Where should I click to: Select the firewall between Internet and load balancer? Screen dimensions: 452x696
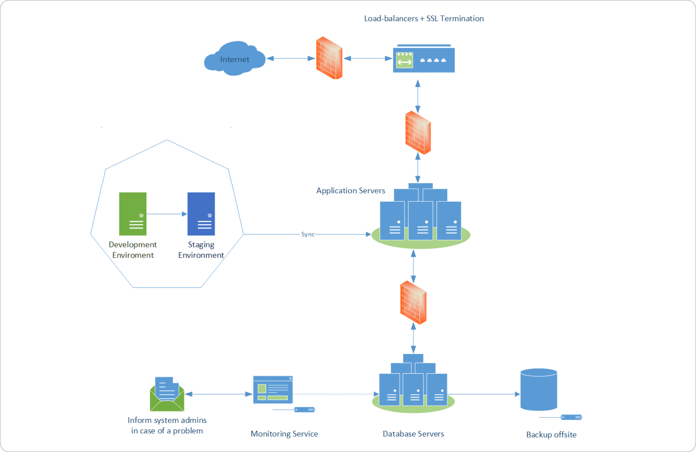click(329, 58)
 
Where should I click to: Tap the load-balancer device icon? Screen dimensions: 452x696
click(424, 59)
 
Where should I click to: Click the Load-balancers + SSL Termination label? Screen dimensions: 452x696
click(424, 18)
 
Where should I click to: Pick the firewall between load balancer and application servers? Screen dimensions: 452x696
click(418, 133)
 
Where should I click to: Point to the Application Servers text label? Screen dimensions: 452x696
click(350, 190)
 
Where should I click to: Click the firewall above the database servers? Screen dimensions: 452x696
click(413, 303)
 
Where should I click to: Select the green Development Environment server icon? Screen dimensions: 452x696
click(133, 214)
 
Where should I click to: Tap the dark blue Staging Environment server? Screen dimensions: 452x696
click(201, 214)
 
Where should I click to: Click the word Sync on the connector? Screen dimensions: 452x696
click(307, 234)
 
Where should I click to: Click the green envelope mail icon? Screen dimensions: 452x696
click(167, 394)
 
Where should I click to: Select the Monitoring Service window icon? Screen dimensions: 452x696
click(273, 390)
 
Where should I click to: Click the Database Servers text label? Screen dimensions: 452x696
click(413, 434)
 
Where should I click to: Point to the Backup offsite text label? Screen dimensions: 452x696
click(551, 434)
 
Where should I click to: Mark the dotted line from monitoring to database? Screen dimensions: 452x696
click(333, 394)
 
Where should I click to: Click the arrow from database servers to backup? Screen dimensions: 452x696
click(484, 394)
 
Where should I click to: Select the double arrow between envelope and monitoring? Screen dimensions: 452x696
click(219, 394)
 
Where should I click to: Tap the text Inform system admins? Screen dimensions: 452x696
click(167, 420)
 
